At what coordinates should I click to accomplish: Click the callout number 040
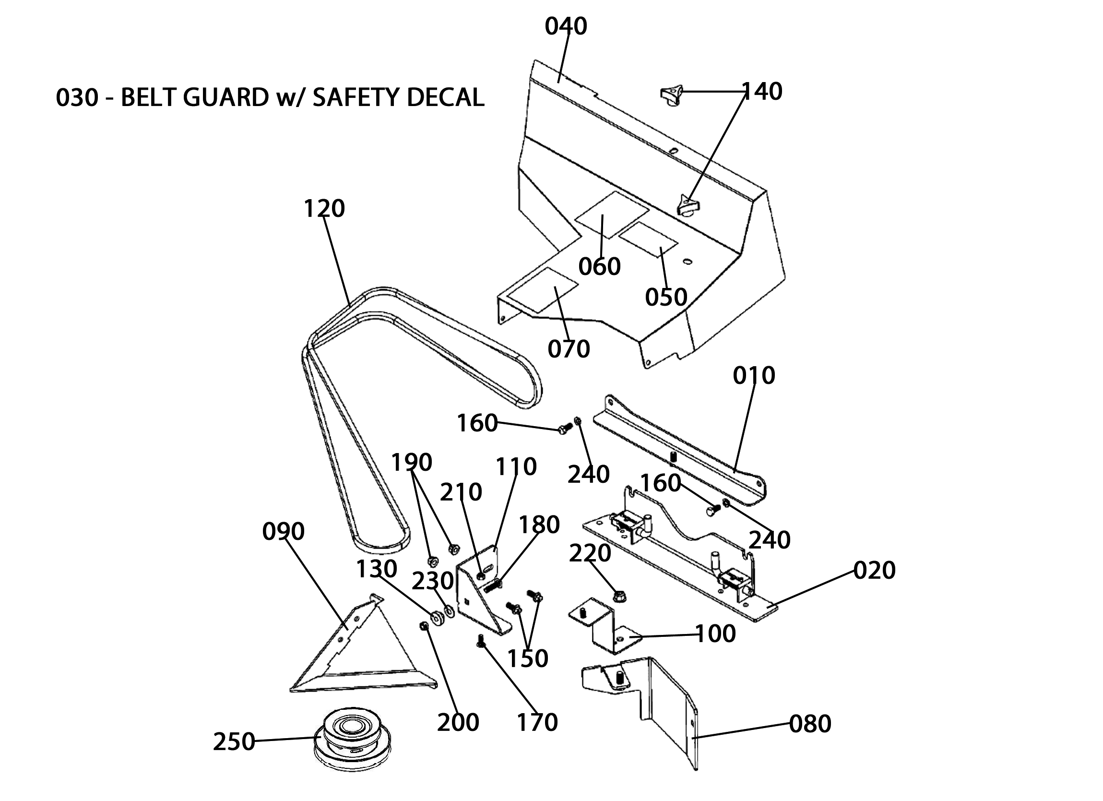(x=566, y=26)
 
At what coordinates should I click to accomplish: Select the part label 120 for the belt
(x=324, y=209)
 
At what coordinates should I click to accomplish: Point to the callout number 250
(x=234, y=741)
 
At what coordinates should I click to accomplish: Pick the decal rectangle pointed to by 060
(x=612, y=215)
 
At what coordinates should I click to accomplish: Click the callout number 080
(x=810, y=724)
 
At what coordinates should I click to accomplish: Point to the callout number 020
(x=874, y=570)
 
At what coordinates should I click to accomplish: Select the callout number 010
(x=754, y=376)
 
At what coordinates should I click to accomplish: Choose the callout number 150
(x=528, y=658)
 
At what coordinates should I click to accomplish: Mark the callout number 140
(x=761, y=92)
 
